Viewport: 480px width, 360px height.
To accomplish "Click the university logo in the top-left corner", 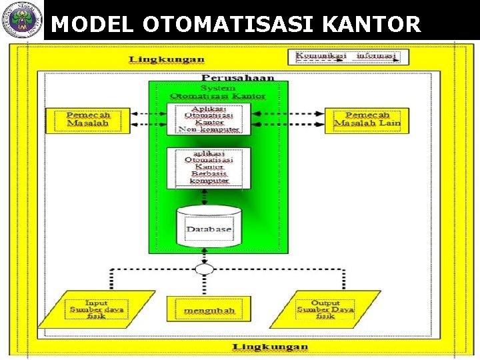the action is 21,20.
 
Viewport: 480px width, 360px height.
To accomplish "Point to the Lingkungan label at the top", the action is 167,59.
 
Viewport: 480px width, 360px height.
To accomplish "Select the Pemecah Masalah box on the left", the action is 87,120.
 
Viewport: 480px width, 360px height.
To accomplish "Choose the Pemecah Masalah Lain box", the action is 362,120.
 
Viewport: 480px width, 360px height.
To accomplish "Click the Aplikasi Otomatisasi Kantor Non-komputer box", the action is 208,119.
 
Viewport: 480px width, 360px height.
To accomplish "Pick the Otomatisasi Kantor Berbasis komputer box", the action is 208,167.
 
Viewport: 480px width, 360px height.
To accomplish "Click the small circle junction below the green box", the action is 205,269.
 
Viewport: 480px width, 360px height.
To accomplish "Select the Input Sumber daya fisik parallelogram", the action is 97,309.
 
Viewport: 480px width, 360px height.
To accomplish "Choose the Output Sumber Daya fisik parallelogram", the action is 325,309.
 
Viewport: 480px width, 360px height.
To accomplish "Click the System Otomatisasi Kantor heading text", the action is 217,92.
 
